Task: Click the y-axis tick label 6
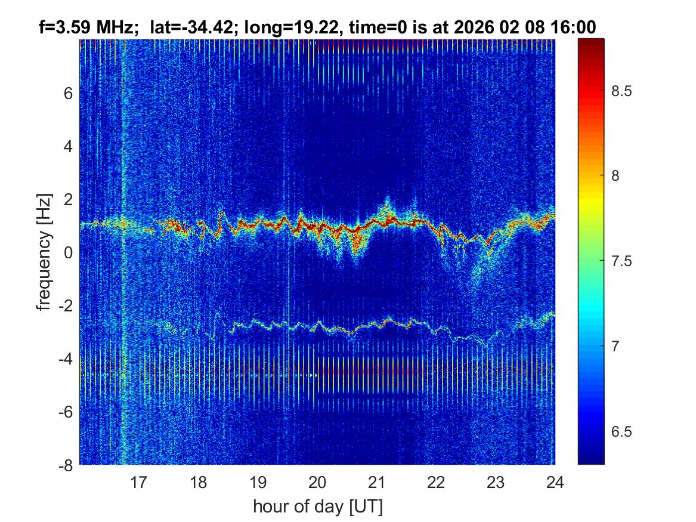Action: (x=69, y=93)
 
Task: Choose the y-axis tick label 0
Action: (x=69, y=253)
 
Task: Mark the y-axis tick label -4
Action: (x=66, y=359)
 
